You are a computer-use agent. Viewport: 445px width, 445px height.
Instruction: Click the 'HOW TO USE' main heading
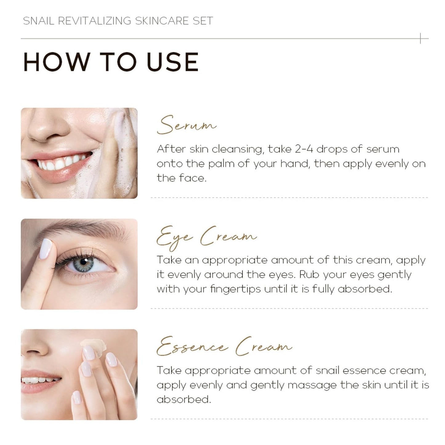111,62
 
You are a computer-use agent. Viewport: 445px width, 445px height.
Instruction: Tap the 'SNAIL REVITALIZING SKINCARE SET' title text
118,21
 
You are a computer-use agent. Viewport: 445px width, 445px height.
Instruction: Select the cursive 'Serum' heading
186,125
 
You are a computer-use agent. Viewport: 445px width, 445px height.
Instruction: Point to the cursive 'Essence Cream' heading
224,347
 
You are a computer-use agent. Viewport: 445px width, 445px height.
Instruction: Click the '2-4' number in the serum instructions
304,149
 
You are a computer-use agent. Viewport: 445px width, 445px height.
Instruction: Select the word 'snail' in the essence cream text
327,370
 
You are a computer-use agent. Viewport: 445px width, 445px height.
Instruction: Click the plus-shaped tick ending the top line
421,38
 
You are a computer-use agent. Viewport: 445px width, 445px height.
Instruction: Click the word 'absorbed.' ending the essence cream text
184,399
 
